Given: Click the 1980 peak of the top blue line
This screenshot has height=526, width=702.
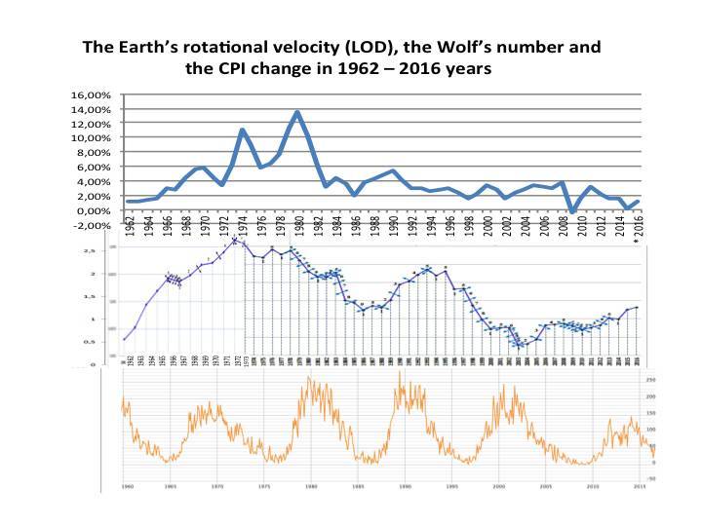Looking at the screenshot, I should click(297, 112).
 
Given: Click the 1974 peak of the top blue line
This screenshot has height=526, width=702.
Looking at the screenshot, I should click(242, 130).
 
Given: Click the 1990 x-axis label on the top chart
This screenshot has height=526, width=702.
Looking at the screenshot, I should click(392, 225).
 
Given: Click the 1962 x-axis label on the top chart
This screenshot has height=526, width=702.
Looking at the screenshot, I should click(129, 225).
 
